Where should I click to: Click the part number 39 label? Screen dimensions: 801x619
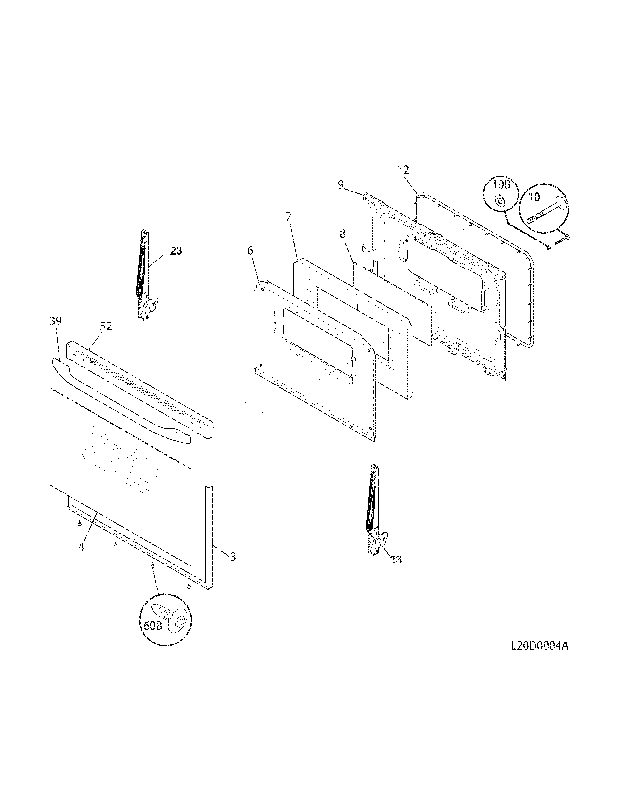coord(56,321)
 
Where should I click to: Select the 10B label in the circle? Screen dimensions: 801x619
coord(501,184)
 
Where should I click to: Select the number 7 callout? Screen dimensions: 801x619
coord(289,217)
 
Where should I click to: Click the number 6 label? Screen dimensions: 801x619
coord(250,251)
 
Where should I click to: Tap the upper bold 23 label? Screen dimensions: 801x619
coord(176,251)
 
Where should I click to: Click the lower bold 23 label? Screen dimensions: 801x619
coord(395,560)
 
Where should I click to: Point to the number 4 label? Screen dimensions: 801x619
coord(81,558)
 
